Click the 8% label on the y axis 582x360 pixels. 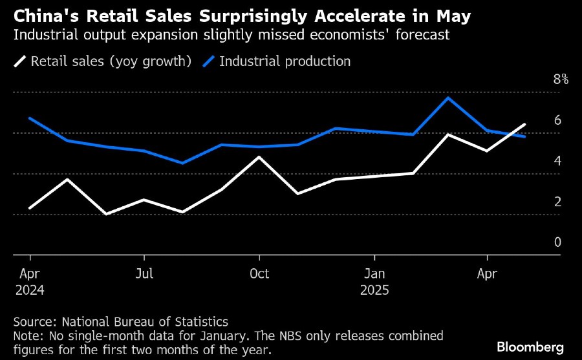pos(560,79)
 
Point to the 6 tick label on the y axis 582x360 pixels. pos(557,120)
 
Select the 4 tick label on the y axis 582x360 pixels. pos(557,161)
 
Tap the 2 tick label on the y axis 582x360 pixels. pos(557,202)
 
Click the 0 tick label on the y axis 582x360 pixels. pos(557,242)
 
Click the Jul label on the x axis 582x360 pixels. pos(144,273)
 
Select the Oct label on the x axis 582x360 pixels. pos(259,273)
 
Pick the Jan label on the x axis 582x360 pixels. pos(374,273)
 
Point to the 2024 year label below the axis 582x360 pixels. pos(30,290)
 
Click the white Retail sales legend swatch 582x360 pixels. pos(21,62)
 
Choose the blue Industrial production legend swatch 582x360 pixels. pos(209,62)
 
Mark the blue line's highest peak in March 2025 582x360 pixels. pos(448,98)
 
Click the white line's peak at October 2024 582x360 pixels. pos(259,157)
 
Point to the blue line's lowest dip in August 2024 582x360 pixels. pos(183,163)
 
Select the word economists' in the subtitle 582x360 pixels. pos(354,35)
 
